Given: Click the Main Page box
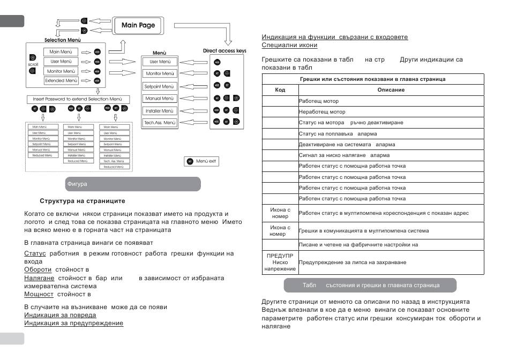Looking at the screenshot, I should coord(138,25).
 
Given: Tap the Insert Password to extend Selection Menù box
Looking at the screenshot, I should coord(78,99).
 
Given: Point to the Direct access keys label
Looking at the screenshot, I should coord(225,51).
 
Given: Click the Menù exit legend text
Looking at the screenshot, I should coord(207,161).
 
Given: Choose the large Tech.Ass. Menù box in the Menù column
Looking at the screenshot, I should coord(160,123).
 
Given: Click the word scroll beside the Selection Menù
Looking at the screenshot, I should coord(33,64).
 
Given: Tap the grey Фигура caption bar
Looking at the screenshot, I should coord(132,184).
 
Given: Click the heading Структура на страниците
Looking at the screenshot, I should coord(83,201).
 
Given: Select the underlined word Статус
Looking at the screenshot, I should coord(35,252).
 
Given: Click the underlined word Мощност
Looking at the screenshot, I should coord(39,294).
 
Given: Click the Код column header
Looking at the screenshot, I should coord(280,89).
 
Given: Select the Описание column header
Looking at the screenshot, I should coord(391,89).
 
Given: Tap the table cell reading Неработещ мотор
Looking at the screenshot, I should coord(322,111).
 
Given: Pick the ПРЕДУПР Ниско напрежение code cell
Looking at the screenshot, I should coord(280,262).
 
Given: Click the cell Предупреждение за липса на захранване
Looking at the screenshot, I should coord(352,262).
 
